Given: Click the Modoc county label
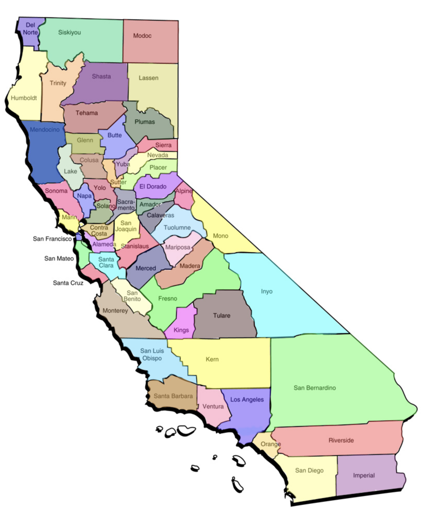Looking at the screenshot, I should (142, 36).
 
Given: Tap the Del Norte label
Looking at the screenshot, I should (30, 29).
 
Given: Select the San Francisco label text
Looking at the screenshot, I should (52, 239).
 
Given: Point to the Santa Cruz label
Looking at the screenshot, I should (68, 283).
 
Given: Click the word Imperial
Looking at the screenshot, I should (364, 476).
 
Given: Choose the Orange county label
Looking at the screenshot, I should (271, 444).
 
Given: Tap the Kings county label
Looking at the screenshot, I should (181, 330).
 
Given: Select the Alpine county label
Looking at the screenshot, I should (184, 191).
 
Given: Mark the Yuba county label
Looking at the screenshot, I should (123, 164).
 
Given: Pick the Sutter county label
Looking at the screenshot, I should (118, 182).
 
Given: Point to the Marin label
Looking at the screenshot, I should (69, 217).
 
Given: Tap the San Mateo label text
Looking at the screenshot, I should (59, 258).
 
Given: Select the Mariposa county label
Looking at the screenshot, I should (178, 247).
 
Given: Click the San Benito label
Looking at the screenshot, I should (132, 296).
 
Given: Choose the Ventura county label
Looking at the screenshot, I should (213, 406).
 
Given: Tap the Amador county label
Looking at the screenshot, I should (150, 204).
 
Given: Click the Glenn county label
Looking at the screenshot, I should (85, 140).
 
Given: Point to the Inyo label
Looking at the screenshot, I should (267, 291).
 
